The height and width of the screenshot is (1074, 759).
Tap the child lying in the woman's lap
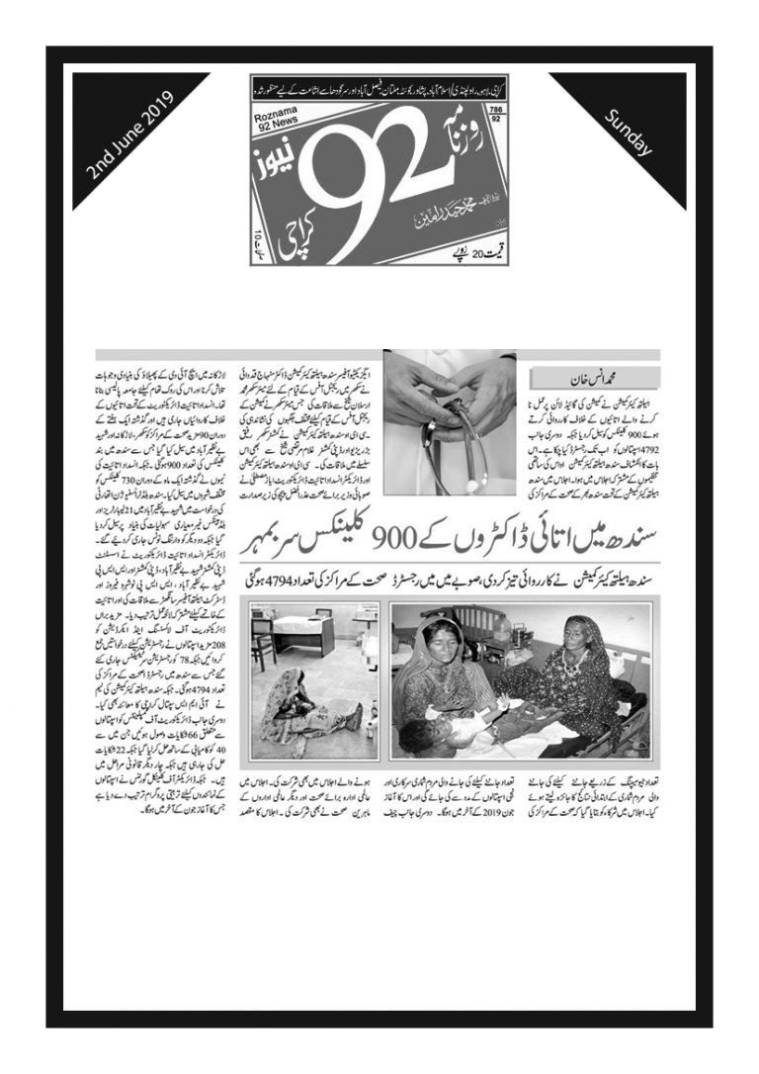(445, 733)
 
